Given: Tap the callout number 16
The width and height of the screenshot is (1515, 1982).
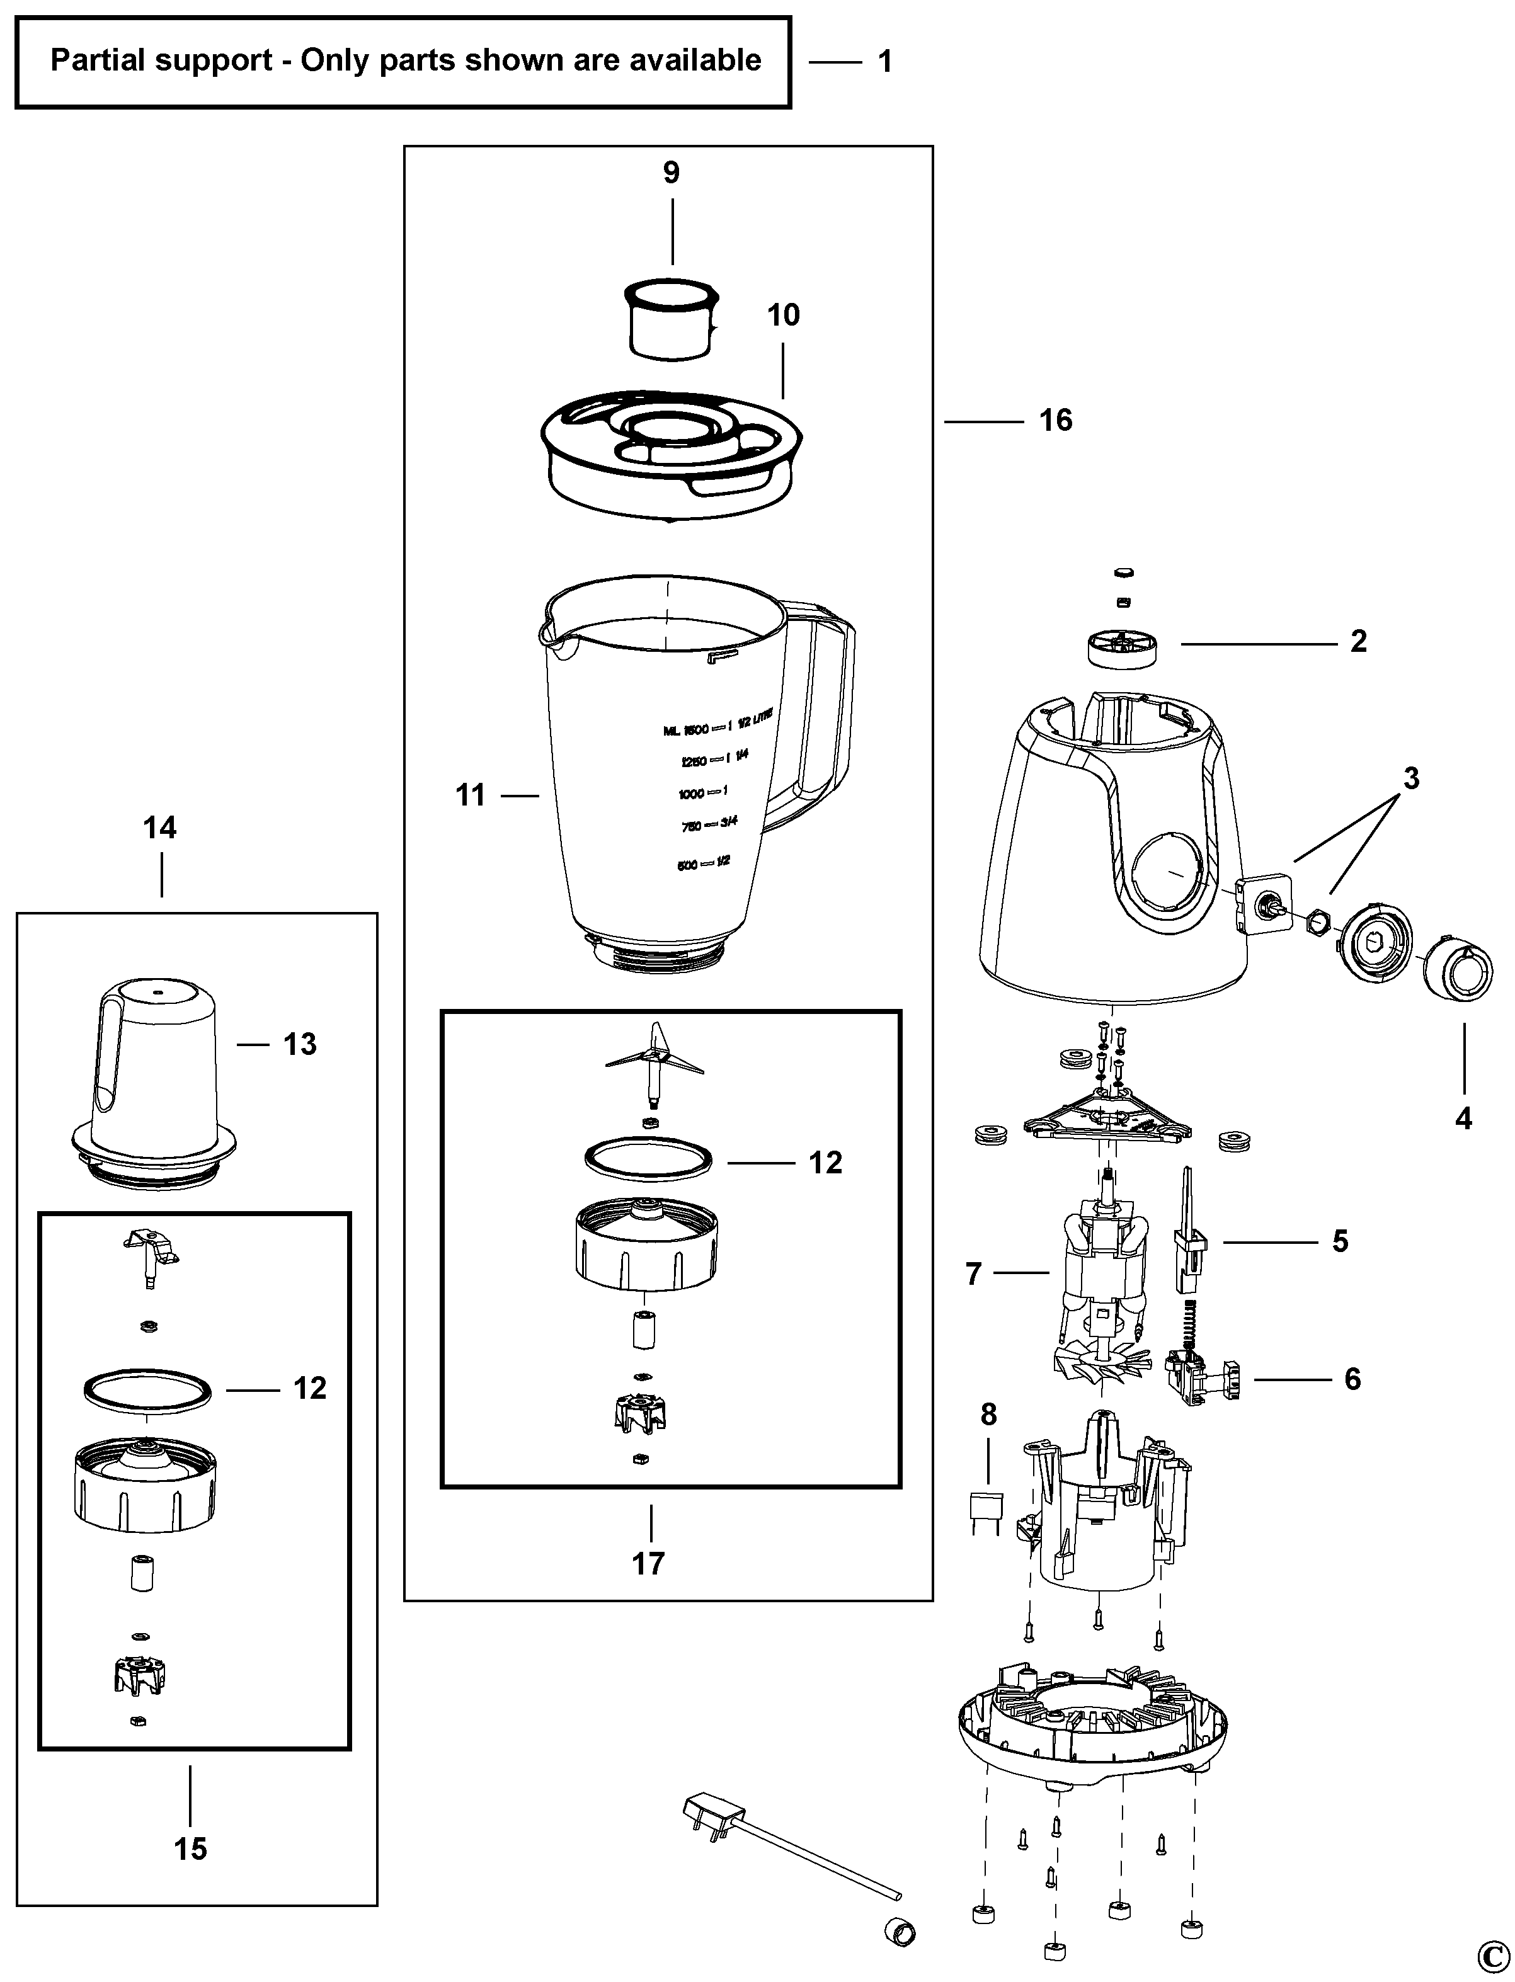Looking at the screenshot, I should point(1055,420).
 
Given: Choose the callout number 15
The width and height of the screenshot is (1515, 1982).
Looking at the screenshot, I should point(190,1848).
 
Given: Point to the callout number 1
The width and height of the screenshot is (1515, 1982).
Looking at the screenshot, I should point(884,61).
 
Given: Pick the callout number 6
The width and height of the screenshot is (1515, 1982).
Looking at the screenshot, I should point(1352,1379).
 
